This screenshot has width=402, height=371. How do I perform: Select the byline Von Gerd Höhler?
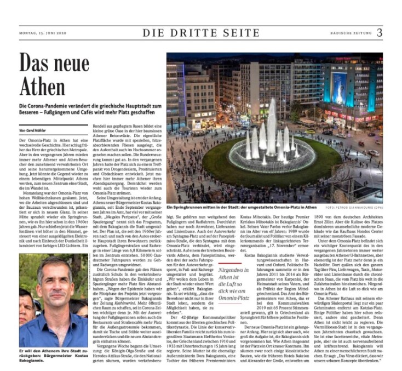tap(34, 131)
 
